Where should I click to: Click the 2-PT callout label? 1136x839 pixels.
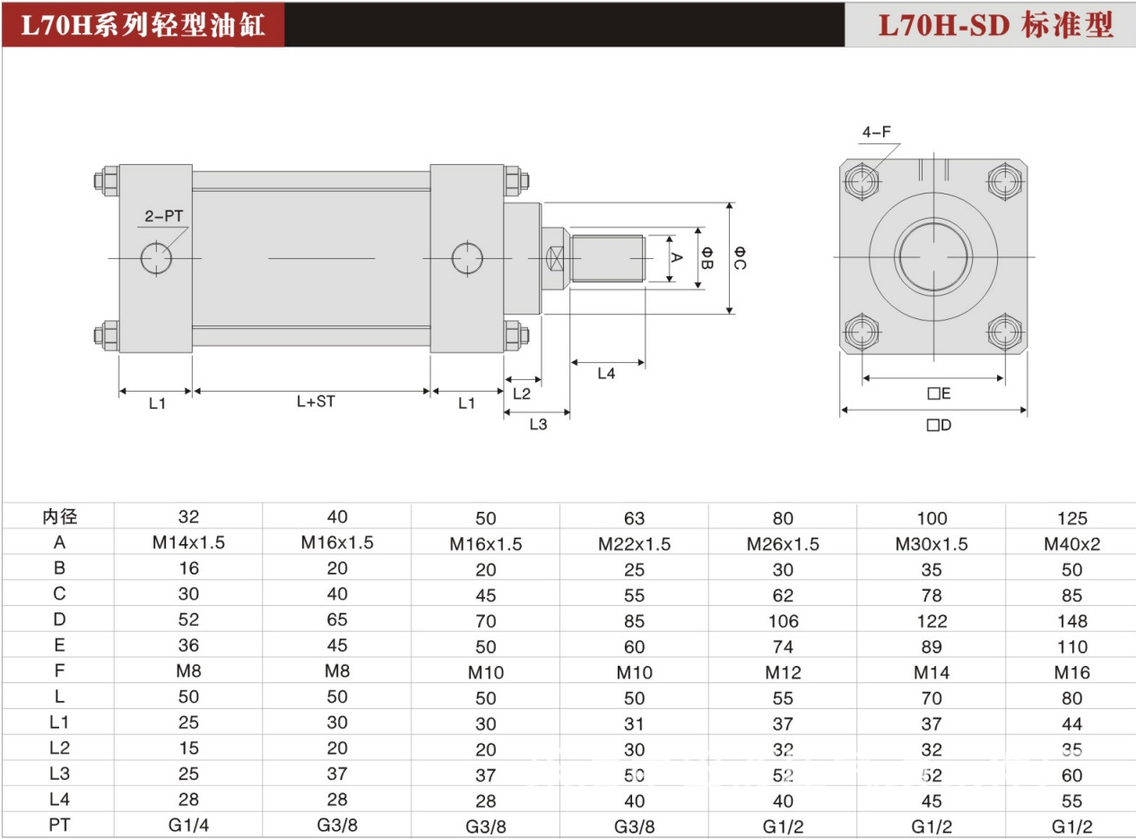tap(163, 216)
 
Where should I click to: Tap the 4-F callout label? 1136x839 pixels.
tap(876, 133)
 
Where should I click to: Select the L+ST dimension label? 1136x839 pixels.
tap(316, 402)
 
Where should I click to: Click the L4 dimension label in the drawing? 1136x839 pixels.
tap(607, 373)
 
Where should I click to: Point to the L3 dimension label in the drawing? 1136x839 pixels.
tap(537, 424)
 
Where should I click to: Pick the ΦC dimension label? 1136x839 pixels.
tap(740, 258)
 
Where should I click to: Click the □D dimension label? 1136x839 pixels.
tap(939, 425)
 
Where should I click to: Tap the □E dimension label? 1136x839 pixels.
tap(939, 394)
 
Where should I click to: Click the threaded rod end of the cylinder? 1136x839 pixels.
tap(608, 258)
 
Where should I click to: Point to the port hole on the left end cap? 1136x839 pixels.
tap(158, 258)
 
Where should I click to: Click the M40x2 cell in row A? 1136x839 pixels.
tap(1071, 544)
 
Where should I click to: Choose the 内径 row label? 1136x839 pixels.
tap(60, 517)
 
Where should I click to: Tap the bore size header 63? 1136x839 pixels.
tap(634, 518)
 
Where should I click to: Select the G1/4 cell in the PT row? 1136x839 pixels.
tap(188, 825)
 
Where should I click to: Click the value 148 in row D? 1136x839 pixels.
tap(1071, 620)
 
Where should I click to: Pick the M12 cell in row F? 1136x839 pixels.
tap(783, 672)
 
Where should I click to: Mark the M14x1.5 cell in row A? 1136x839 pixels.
tap(188, 542)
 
